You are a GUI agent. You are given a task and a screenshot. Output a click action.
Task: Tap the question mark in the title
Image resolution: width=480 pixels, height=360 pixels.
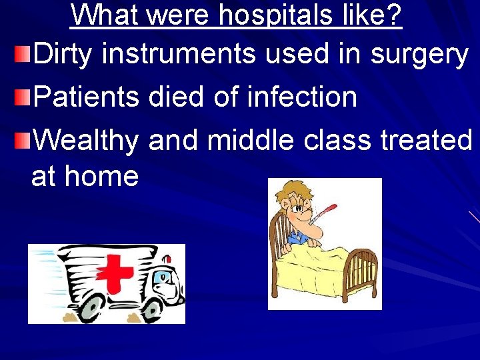click(x=394, y=15)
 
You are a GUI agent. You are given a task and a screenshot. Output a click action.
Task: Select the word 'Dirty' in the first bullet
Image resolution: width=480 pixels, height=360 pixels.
click(x=63, y=55)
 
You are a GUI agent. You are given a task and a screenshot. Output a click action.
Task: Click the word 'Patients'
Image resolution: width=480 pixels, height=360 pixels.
click(x=86, y=97)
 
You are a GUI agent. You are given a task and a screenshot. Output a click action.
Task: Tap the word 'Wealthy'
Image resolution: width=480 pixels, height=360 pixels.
click(x=86, y=141)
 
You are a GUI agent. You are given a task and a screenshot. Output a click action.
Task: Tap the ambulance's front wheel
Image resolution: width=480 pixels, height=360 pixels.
click(x=155, y=307)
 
